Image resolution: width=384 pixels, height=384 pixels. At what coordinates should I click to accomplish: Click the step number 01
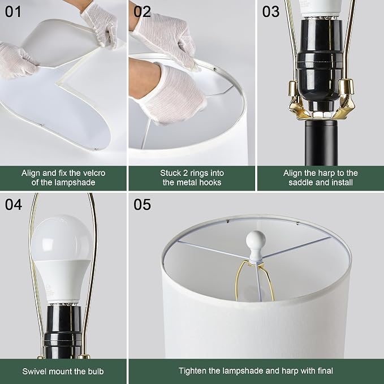tap(13, 11)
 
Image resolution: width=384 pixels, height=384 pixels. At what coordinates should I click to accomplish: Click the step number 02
tap(142, 11)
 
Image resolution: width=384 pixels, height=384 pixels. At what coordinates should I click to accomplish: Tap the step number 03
tap(271, 11)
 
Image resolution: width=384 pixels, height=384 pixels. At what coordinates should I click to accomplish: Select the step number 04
tap(14, 204)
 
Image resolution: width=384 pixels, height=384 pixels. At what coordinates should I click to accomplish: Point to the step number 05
tap(142, 204)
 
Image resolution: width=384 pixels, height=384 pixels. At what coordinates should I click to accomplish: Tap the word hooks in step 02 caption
tap(210, 183)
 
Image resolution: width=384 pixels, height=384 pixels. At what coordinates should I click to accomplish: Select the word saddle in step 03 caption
tap(300, 183)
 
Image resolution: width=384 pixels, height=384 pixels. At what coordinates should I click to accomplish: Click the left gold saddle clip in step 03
tap(297, 101)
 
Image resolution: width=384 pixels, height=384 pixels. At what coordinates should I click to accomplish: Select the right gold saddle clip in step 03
tap(343, 100)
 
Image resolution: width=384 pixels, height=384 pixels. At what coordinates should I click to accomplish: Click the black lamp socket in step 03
tap(320, 64)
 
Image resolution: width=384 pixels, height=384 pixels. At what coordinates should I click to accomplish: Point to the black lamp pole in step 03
tap(321, 143)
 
